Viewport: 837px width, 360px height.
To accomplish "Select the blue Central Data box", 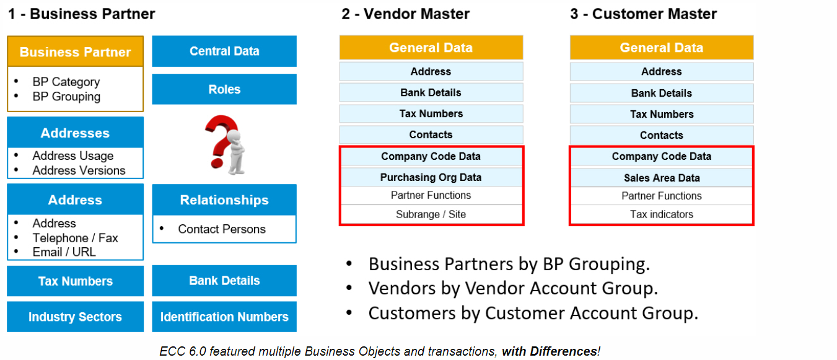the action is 224,51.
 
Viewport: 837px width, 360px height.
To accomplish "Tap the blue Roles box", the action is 224,89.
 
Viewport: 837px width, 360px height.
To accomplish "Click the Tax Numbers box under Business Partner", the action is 75,281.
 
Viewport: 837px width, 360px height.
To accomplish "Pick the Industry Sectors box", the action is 75,317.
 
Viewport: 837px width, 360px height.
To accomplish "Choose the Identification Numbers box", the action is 224,317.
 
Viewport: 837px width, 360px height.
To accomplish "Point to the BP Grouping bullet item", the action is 66,97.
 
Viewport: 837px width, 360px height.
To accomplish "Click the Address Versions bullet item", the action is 79,170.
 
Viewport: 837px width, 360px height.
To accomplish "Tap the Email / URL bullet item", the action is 64,252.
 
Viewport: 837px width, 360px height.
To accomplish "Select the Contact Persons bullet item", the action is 221,229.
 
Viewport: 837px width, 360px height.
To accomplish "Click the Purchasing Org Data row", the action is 431,177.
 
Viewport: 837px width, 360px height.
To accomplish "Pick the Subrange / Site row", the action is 431,214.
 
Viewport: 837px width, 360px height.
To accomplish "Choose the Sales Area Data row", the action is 662,178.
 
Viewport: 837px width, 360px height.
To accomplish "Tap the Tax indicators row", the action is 662,214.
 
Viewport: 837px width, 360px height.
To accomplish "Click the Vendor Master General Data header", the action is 431,48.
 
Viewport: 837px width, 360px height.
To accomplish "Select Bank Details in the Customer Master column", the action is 662,93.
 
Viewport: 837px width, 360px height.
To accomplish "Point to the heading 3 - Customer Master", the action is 643,14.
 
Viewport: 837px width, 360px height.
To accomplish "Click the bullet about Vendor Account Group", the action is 513,288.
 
